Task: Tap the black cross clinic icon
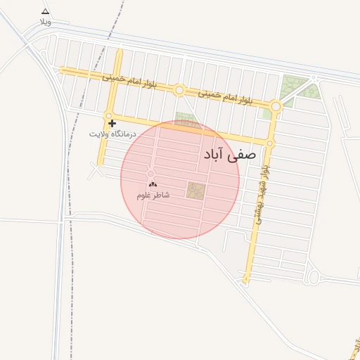[x=112, y=123]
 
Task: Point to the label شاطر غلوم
[x=153, y=195]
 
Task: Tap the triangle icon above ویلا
[x=46, y=11]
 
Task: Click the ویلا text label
[x=46, y=22]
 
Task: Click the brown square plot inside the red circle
[x=196, y=190]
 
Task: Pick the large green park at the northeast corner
[x=295, y=88]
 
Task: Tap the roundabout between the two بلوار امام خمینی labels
[x=179, y=90]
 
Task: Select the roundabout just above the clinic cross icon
[x=110, y=115]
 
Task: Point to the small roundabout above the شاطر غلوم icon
[x=150, y=173]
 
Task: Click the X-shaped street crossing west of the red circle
[x=96, y=169]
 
